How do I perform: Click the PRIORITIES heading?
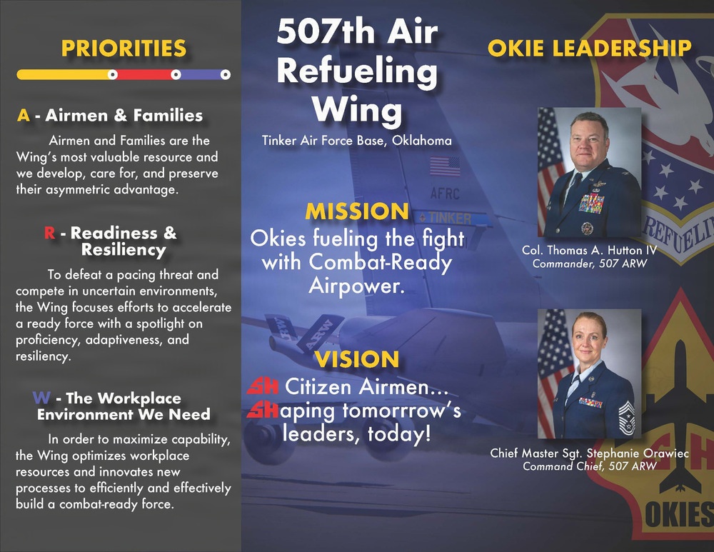[124, 49]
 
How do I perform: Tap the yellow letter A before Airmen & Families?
[23, 116]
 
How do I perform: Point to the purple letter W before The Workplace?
[40, 398]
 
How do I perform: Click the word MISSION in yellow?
[357, 211]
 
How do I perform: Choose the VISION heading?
[358, 359]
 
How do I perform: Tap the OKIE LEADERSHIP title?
[589, 49]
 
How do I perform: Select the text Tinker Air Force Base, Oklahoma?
[357, 141]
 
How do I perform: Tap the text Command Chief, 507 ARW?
[589, 467]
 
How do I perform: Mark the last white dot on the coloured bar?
[225, 74]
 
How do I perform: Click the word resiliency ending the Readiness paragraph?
[42, 356]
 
